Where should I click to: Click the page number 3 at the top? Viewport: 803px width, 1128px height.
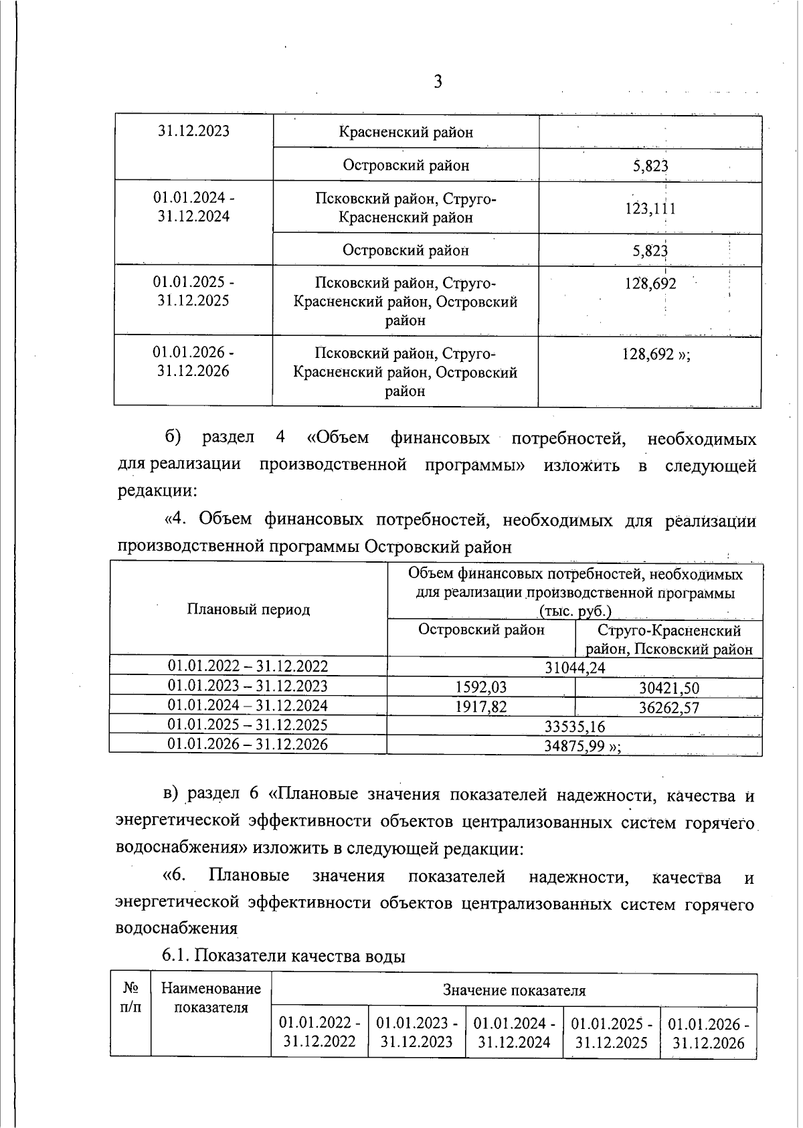tap(438, 82)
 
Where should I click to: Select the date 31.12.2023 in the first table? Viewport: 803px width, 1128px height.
tap(193, 130)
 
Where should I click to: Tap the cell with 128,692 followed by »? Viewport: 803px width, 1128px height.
tap(656, 355)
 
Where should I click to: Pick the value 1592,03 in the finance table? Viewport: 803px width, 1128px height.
tap(481, 687)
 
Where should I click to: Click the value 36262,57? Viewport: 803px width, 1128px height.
tap(668, 707)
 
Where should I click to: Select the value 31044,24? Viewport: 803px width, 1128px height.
tap(575, 667)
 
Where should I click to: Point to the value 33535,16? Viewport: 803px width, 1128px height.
tap(575, 726)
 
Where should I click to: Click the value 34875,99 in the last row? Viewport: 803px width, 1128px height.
tap(579, 746)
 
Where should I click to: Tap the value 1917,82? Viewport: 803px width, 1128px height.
tap(481, 707)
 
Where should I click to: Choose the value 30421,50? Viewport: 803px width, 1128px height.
tap(668, 688)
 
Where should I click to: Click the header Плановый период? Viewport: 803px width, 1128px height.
tap(248, 609)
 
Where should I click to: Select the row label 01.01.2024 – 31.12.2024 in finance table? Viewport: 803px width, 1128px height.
tap(248, 705)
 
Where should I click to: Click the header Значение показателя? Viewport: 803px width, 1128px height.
tap(514, 990)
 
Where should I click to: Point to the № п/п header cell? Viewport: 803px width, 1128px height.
tap(130, 997)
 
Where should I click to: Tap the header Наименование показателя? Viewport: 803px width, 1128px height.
tap(211, 998)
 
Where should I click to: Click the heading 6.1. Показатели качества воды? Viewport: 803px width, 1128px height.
tap(284, 956)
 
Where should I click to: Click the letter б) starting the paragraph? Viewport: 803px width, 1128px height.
tap(173, 438)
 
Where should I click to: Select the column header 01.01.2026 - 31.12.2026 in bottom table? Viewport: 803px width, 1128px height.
tap(708, 1033)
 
